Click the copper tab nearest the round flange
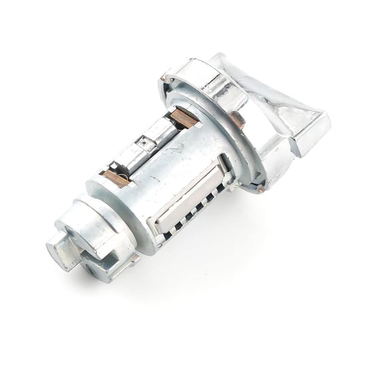pos(184,118)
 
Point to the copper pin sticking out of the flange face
pos(237,120)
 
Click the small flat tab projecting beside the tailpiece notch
pos(130,259)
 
